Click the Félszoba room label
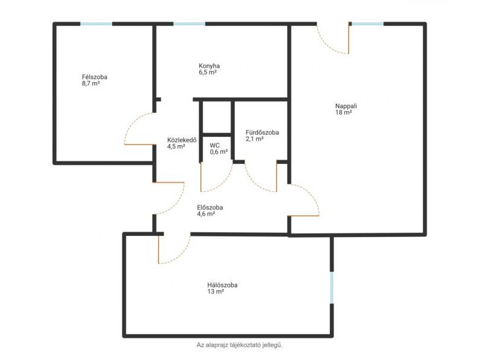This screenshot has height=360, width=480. pyautogui.click(x=95, y=77)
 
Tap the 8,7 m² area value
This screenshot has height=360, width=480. pyautogui.click(x=91, y=83)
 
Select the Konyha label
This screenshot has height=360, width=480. pyautogui.click(x=209, y=66)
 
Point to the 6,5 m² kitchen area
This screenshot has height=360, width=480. pyautogui.click(x=208, y=72)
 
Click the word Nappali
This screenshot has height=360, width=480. pyautogui.click(x=346, y=106)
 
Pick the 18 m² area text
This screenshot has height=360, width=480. pyautogui.click(x=343, y=113)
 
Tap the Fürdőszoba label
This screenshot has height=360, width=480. pyautogui.click(x=262, y=133)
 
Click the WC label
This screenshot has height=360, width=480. pyautogui.click(x=215, y=145)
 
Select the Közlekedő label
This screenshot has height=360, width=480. pyautogui.click(x=182, y=140)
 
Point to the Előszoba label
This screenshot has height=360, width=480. pyautogui.click(x=210, y=208)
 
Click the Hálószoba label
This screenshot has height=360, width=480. pyautogui.click(x=222, y=286)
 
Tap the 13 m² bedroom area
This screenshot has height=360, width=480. pyautogui.click(x=215, y=292)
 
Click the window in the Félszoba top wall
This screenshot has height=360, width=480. pyautogui.click(x=96, y=24)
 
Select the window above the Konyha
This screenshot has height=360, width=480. pyautogui.click(x=189, y=24)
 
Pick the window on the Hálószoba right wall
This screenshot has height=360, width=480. pyautogui.click(x=332, y=287)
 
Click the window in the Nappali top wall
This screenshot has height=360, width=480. pyautogui.click(x=367, y=24)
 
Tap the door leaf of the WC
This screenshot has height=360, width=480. pyautogui.click(x=201, y=177)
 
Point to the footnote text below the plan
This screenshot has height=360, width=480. pyautogui.click(x=239, y=345)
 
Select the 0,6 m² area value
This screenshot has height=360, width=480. pyautogui.click(x=218, y=152)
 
